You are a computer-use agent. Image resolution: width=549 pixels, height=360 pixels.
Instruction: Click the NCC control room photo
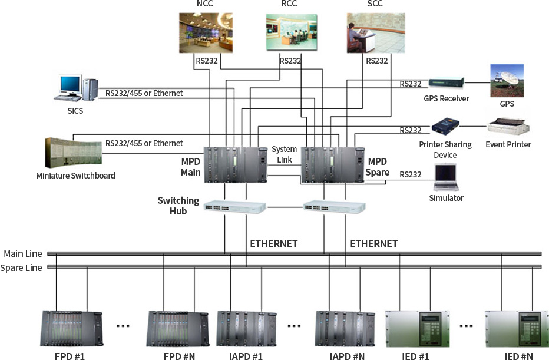pyautogui.click(x=206, y=33)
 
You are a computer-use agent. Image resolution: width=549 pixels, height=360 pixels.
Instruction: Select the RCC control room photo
pyautogui.click(x=292, y=32)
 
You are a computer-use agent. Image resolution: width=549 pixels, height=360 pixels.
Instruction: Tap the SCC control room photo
pyautogui.click(x=376, y=33)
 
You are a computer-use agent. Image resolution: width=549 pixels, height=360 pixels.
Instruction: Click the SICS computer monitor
pyautogui.click(x=70, y=85)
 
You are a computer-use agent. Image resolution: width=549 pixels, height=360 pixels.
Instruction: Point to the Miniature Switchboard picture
pyautogui.click(x=74, y=153)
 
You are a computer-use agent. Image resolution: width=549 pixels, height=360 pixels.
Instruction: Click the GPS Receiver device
pyautogui.click(x=447, y=83)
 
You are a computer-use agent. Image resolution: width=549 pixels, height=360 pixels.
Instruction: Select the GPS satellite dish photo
pyautogui.click(x=507, y=81)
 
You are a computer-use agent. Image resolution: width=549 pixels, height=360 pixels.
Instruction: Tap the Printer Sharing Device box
pyautogui.click(x=445, y=127)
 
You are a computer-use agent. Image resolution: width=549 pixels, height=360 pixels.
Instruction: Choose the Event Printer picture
pyautogui.click(x=508, y=127)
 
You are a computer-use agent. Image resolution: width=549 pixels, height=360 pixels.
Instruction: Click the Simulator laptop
pyautogui.click(x=446, y=177)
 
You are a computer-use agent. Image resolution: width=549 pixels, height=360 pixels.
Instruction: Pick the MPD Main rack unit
pyautogui.click(x=236, y=165)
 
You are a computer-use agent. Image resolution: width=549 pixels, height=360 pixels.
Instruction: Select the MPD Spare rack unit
pyautogui.click(x=333, y=165)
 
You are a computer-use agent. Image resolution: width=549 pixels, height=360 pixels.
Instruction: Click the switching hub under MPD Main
pyautogui.click(x=235, y=207)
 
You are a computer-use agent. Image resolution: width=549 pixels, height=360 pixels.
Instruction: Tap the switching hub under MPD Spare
pyautogui.click(x=335, y=207)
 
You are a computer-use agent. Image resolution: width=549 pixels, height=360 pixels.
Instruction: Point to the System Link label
pyautogui.click(x=285, y=154)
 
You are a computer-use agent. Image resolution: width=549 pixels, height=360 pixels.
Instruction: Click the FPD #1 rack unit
pyautogui.click(x=72, y=329)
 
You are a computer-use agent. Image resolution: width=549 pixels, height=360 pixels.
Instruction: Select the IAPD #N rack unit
pyautogui.click(x=346, y=329)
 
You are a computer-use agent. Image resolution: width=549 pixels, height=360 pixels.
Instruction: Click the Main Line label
pyautogui.click(x=23, y=253)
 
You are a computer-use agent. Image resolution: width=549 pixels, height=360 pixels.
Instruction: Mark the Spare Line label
pyautogui.click(x=21, y=268)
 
